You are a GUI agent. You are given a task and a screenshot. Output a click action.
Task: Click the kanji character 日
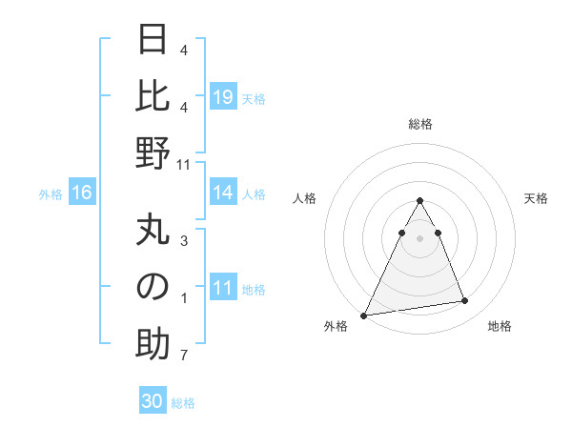153,40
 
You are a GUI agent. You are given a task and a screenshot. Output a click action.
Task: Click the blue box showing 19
223,97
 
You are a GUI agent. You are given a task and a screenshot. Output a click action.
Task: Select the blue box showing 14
223,193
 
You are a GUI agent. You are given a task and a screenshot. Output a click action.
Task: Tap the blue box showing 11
223,289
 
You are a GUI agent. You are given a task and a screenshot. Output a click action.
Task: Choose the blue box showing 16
81,193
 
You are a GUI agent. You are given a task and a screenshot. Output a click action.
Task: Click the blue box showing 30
152,401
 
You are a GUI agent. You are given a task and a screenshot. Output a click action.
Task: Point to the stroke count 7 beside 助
184,356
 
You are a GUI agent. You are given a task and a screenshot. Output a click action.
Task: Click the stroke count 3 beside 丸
184,241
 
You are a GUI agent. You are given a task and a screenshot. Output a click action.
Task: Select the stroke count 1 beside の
184,298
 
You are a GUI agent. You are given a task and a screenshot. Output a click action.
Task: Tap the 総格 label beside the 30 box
183,403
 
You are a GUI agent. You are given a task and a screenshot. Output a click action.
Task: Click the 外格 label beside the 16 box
51,194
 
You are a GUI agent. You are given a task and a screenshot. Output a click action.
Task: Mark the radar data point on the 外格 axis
364,315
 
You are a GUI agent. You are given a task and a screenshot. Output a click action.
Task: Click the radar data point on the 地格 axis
464,301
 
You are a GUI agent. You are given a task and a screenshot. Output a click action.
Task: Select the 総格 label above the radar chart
419,124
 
